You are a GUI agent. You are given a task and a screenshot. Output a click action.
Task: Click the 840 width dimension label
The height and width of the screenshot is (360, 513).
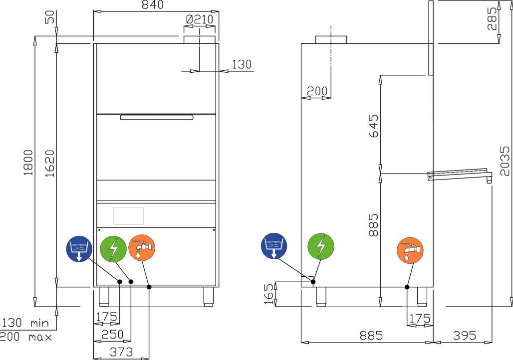(x=153, y=4)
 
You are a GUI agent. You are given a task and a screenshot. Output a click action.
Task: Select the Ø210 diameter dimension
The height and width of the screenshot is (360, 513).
(x=200, y=19)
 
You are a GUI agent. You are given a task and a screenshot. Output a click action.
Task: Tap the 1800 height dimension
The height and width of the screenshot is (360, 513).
(x=28, y=163)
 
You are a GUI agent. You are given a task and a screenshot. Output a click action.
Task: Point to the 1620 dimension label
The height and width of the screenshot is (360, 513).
(x=50, y=164)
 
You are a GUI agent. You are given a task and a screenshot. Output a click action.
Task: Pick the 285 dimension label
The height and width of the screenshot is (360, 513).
(x=492, y=19)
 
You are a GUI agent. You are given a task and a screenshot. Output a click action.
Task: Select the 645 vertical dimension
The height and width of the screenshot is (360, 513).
(x=373, y=126)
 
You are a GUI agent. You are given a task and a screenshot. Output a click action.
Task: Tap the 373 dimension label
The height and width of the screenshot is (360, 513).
(x=121, y=352)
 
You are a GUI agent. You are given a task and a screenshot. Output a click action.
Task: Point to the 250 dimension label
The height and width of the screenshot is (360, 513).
(x=113, y=335)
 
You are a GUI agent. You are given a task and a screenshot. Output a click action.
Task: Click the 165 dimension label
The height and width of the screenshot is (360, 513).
(x=268, y=294)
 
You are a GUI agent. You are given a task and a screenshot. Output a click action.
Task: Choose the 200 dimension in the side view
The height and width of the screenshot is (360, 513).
(x=317, y=91)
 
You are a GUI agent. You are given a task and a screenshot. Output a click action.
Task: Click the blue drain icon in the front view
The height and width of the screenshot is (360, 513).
(x=79, y=249)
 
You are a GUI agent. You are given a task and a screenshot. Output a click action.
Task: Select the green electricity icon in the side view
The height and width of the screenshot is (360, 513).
(x=321, y=246)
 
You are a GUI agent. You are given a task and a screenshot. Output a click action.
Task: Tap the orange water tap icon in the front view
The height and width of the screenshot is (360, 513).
(x=142, y=247)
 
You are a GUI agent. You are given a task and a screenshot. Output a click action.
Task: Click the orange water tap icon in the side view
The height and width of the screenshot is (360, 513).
(x=410, y=250)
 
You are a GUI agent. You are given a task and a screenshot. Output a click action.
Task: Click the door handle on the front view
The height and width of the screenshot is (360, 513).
(x=157, y=117)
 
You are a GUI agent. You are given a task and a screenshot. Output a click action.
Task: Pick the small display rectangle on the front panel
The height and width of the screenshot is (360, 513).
(x=129, y=216)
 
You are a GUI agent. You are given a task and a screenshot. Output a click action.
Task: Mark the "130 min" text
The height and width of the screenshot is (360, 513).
(x=25, y=323)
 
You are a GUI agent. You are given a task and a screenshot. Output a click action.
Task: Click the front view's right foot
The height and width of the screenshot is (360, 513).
(x=209, y=297)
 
